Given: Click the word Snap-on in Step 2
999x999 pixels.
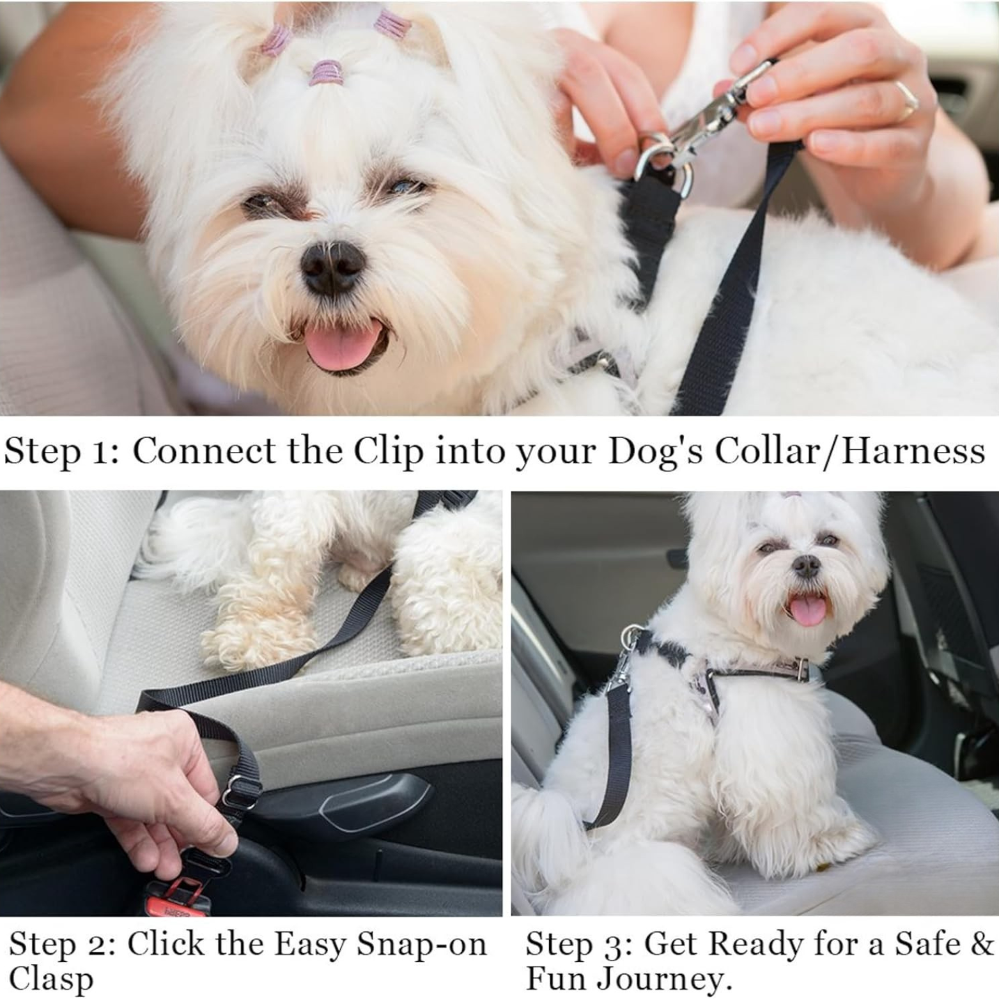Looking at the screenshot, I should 421,944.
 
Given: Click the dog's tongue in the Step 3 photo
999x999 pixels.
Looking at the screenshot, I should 808,610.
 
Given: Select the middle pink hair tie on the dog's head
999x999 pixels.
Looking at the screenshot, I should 327,72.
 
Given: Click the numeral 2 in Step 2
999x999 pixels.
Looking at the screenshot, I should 101,945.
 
